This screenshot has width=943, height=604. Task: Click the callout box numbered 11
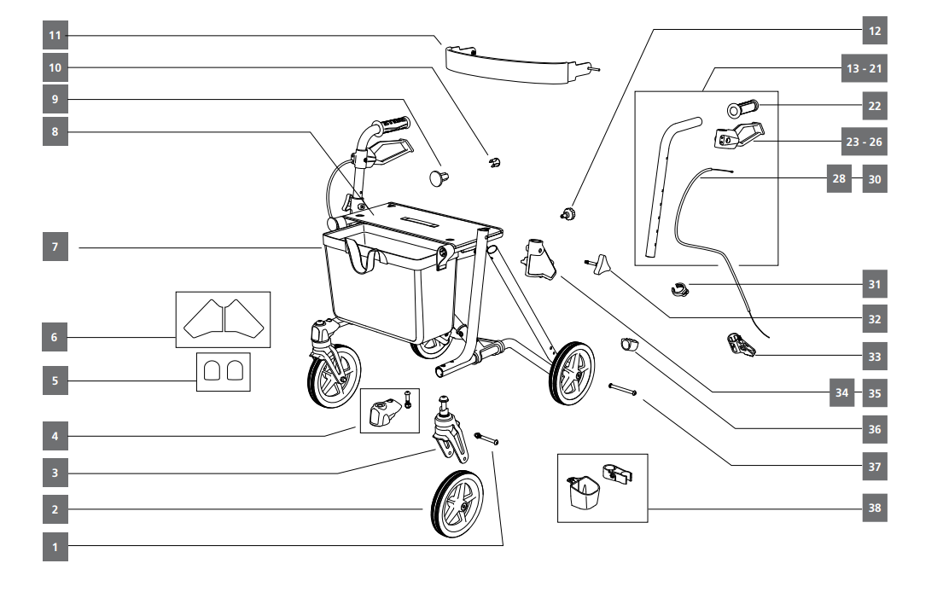click(x=55, y=36)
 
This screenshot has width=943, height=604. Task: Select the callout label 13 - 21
click(x=863, y=68)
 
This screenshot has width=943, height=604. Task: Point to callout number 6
click(x=55, y=337)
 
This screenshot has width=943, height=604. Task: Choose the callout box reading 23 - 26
click(x=863, y=142)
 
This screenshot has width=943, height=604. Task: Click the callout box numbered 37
click(x=874, y=467)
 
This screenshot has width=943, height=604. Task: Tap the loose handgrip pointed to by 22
click(x=743, y=110)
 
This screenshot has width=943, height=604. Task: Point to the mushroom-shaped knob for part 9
click(x=439, y=177)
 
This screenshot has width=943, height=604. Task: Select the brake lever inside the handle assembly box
click(x=738, y=132)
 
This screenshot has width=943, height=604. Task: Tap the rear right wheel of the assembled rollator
click(x=572, y=374)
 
